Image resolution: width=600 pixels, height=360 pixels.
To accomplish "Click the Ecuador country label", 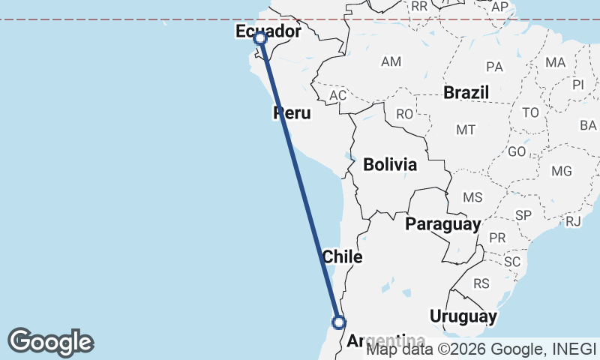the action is coord(268,31).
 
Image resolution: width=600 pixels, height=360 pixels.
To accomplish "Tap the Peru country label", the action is coord(292,113).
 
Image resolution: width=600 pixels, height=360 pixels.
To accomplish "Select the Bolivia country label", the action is coord(390,164).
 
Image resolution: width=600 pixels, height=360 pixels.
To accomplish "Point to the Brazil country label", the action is coord(466,92).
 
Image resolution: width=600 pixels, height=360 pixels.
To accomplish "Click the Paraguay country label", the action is coord(442,223).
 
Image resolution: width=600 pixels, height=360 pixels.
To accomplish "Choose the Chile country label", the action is coord(342,256).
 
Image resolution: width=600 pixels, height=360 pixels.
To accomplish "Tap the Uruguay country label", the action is coord(463,316).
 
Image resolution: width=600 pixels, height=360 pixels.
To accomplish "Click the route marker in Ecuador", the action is coord(259,38).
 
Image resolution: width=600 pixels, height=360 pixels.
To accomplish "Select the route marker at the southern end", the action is coord(339,322).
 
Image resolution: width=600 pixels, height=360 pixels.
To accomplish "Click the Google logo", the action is coord(50,342).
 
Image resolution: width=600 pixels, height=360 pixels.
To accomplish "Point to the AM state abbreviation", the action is coord(391,61).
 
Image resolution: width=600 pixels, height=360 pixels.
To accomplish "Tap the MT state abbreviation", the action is coord(466,130).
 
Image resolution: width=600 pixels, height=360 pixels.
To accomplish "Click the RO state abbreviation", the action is coord(404,114).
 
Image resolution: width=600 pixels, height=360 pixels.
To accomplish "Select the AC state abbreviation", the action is coord(338,95).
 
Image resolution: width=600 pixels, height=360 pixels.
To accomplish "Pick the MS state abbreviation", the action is coord(472,197).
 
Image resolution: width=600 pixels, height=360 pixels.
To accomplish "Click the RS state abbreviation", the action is coord(481,283).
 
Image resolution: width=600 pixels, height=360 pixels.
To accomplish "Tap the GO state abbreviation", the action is coord(517,151).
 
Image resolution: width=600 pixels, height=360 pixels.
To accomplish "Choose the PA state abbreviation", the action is coord(494,67).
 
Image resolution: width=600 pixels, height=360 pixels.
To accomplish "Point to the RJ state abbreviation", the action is coord(573,220).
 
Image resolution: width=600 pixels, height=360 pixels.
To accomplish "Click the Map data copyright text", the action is coord(481,349).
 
